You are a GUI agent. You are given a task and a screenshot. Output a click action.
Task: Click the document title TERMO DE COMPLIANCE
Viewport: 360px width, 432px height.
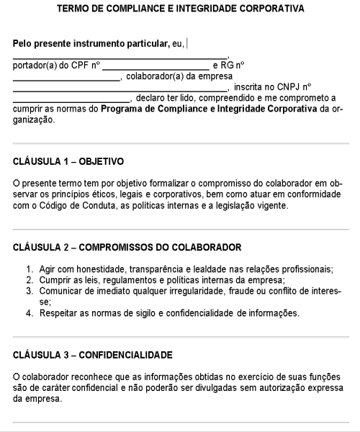click(x=180, y=9)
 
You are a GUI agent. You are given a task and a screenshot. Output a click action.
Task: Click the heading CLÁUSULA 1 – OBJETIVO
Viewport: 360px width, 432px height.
click(x=68, y=161)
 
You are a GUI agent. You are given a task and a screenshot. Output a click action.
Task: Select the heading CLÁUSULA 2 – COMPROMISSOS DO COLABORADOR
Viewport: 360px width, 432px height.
click(x=127, y=247)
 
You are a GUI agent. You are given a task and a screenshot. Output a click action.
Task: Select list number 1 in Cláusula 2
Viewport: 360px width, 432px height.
click(x=30, y=269)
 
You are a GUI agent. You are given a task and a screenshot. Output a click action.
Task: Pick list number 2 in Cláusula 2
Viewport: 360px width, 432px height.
click(x=30, y=280)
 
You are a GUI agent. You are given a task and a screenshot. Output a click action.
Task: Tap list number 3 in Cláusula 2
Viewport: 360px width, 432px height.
click(x=30, y=291)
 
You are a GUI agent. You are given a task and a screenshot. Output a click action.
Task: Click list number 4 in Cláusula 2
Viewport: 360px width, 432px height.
click(x=30, y=312)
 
